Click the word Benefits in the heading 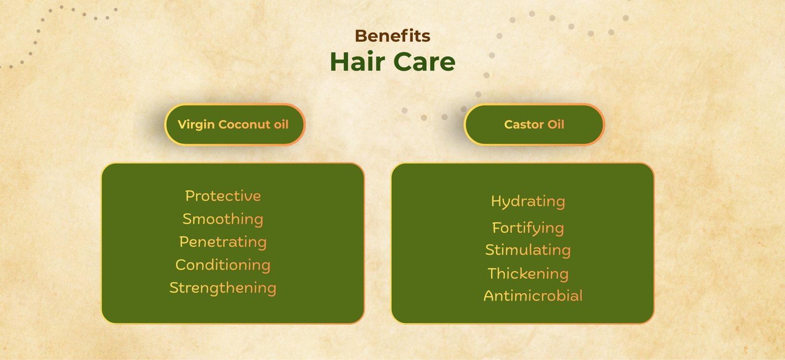392,36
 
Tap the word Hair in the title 357,62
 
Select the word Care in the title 424,62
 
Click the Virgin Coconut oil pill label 235,125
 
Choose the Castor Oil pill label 534,125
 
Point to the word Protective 223,196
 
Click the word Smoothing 223,219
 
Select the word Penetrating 223,242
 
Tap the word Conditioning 223,265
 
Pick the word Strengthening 223,288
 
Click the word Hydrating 528,201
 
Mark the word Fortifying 528,228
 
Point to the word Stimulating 528,250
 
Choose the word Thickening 528,273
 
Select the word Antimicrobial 533,296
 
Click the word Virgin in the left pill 196,125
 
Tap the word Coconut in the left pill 244,125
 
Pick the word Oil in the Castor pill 556,125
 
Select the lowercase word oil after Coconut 281,125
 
